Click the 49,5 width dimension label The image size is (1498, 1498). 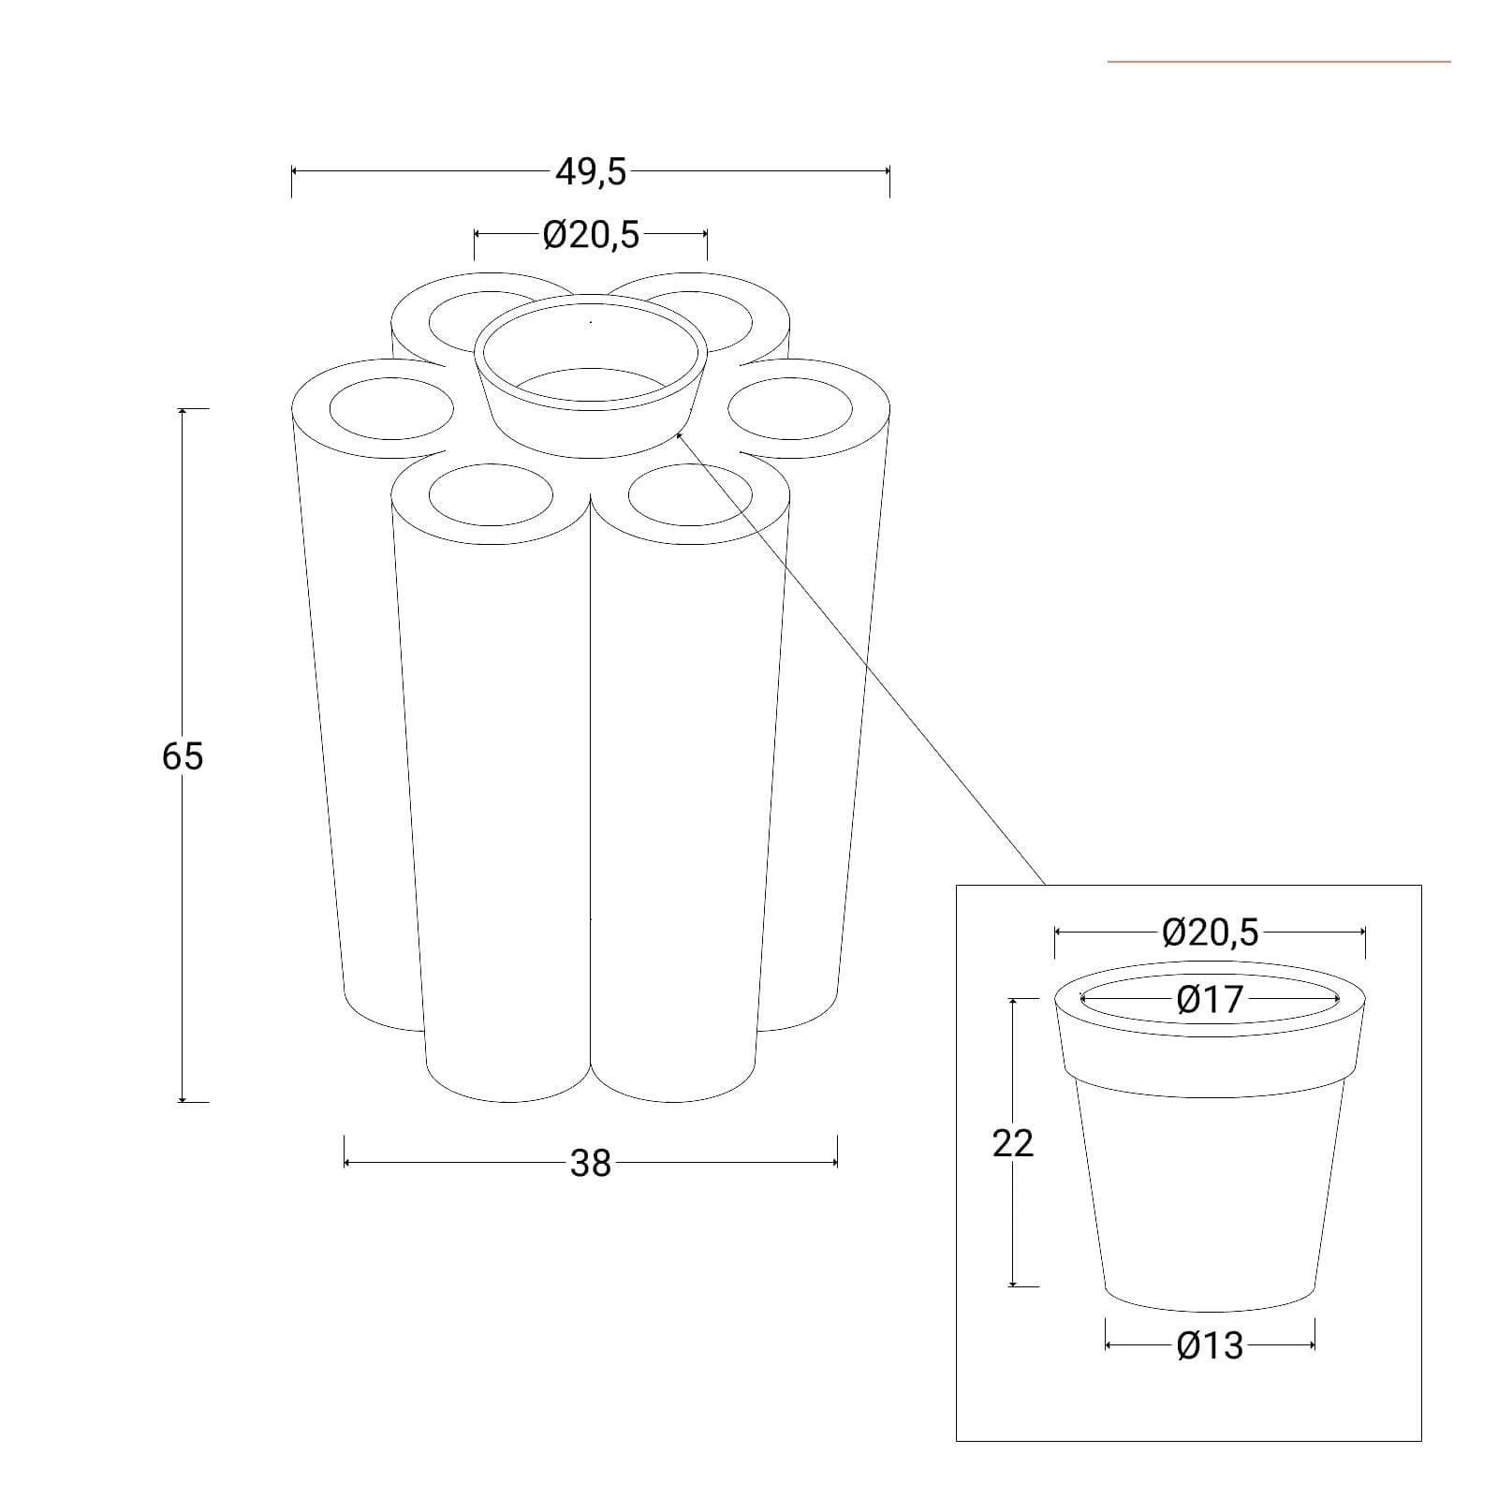[x=591, y=172]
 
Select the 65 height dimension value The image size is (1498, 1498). [x=182, y=756]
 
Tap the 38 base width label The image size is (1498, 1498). [x=591, y=1163]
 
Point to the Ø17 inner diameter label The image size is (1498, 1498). [x=1210, y=1000]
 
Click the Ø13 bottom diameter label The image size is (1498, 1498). [x=1210, y=1345]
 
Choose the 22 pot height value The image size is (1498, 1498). [x=1013, y=1142]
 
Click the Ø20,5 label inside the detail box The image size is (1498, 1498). [x=1211, y=933]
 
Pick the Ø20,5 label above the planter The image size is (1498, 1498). [x=591, y=235]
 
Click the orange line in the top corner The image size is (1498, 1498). [x=1279, y=62]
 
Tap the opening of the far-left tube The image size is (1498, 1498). [x=391, y=408]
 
